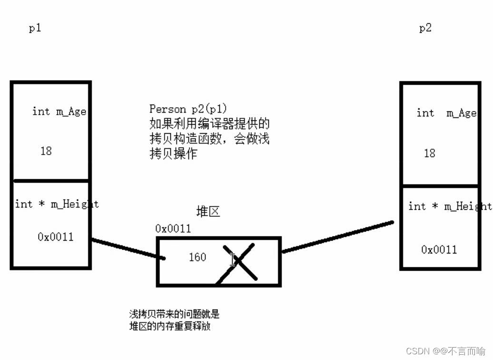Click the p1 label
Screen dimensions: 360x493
click(35, 28)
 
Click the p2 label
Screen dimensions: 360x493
click(425, 28)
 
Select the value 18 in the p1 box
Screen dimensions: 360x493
click(46, 151)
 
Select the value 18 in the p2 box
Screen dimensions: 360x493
click(429, 153)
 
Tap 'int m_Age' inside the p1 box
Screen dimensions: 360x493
click(59, 111)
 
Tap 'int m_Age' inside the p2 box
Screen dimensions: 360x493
click(446, 113)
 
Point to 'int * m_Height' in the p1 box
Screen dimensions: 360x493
click(57, 204)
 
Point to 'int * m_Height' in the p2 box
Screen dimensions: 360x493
click(449, 206)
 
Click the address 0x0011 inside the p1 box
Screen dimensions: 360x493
click(56, 236)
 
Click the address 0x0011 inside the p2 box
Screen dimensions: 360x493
click(439, 249)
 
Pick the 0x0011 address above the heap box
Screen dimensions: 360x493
click(173, 229)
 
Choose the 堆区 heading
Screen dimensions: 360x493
click(208, 212)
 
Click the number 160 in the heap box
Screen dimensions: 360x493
click(197, 257)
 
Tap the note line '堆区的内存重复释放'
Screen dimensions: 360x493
click(169, 326)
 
